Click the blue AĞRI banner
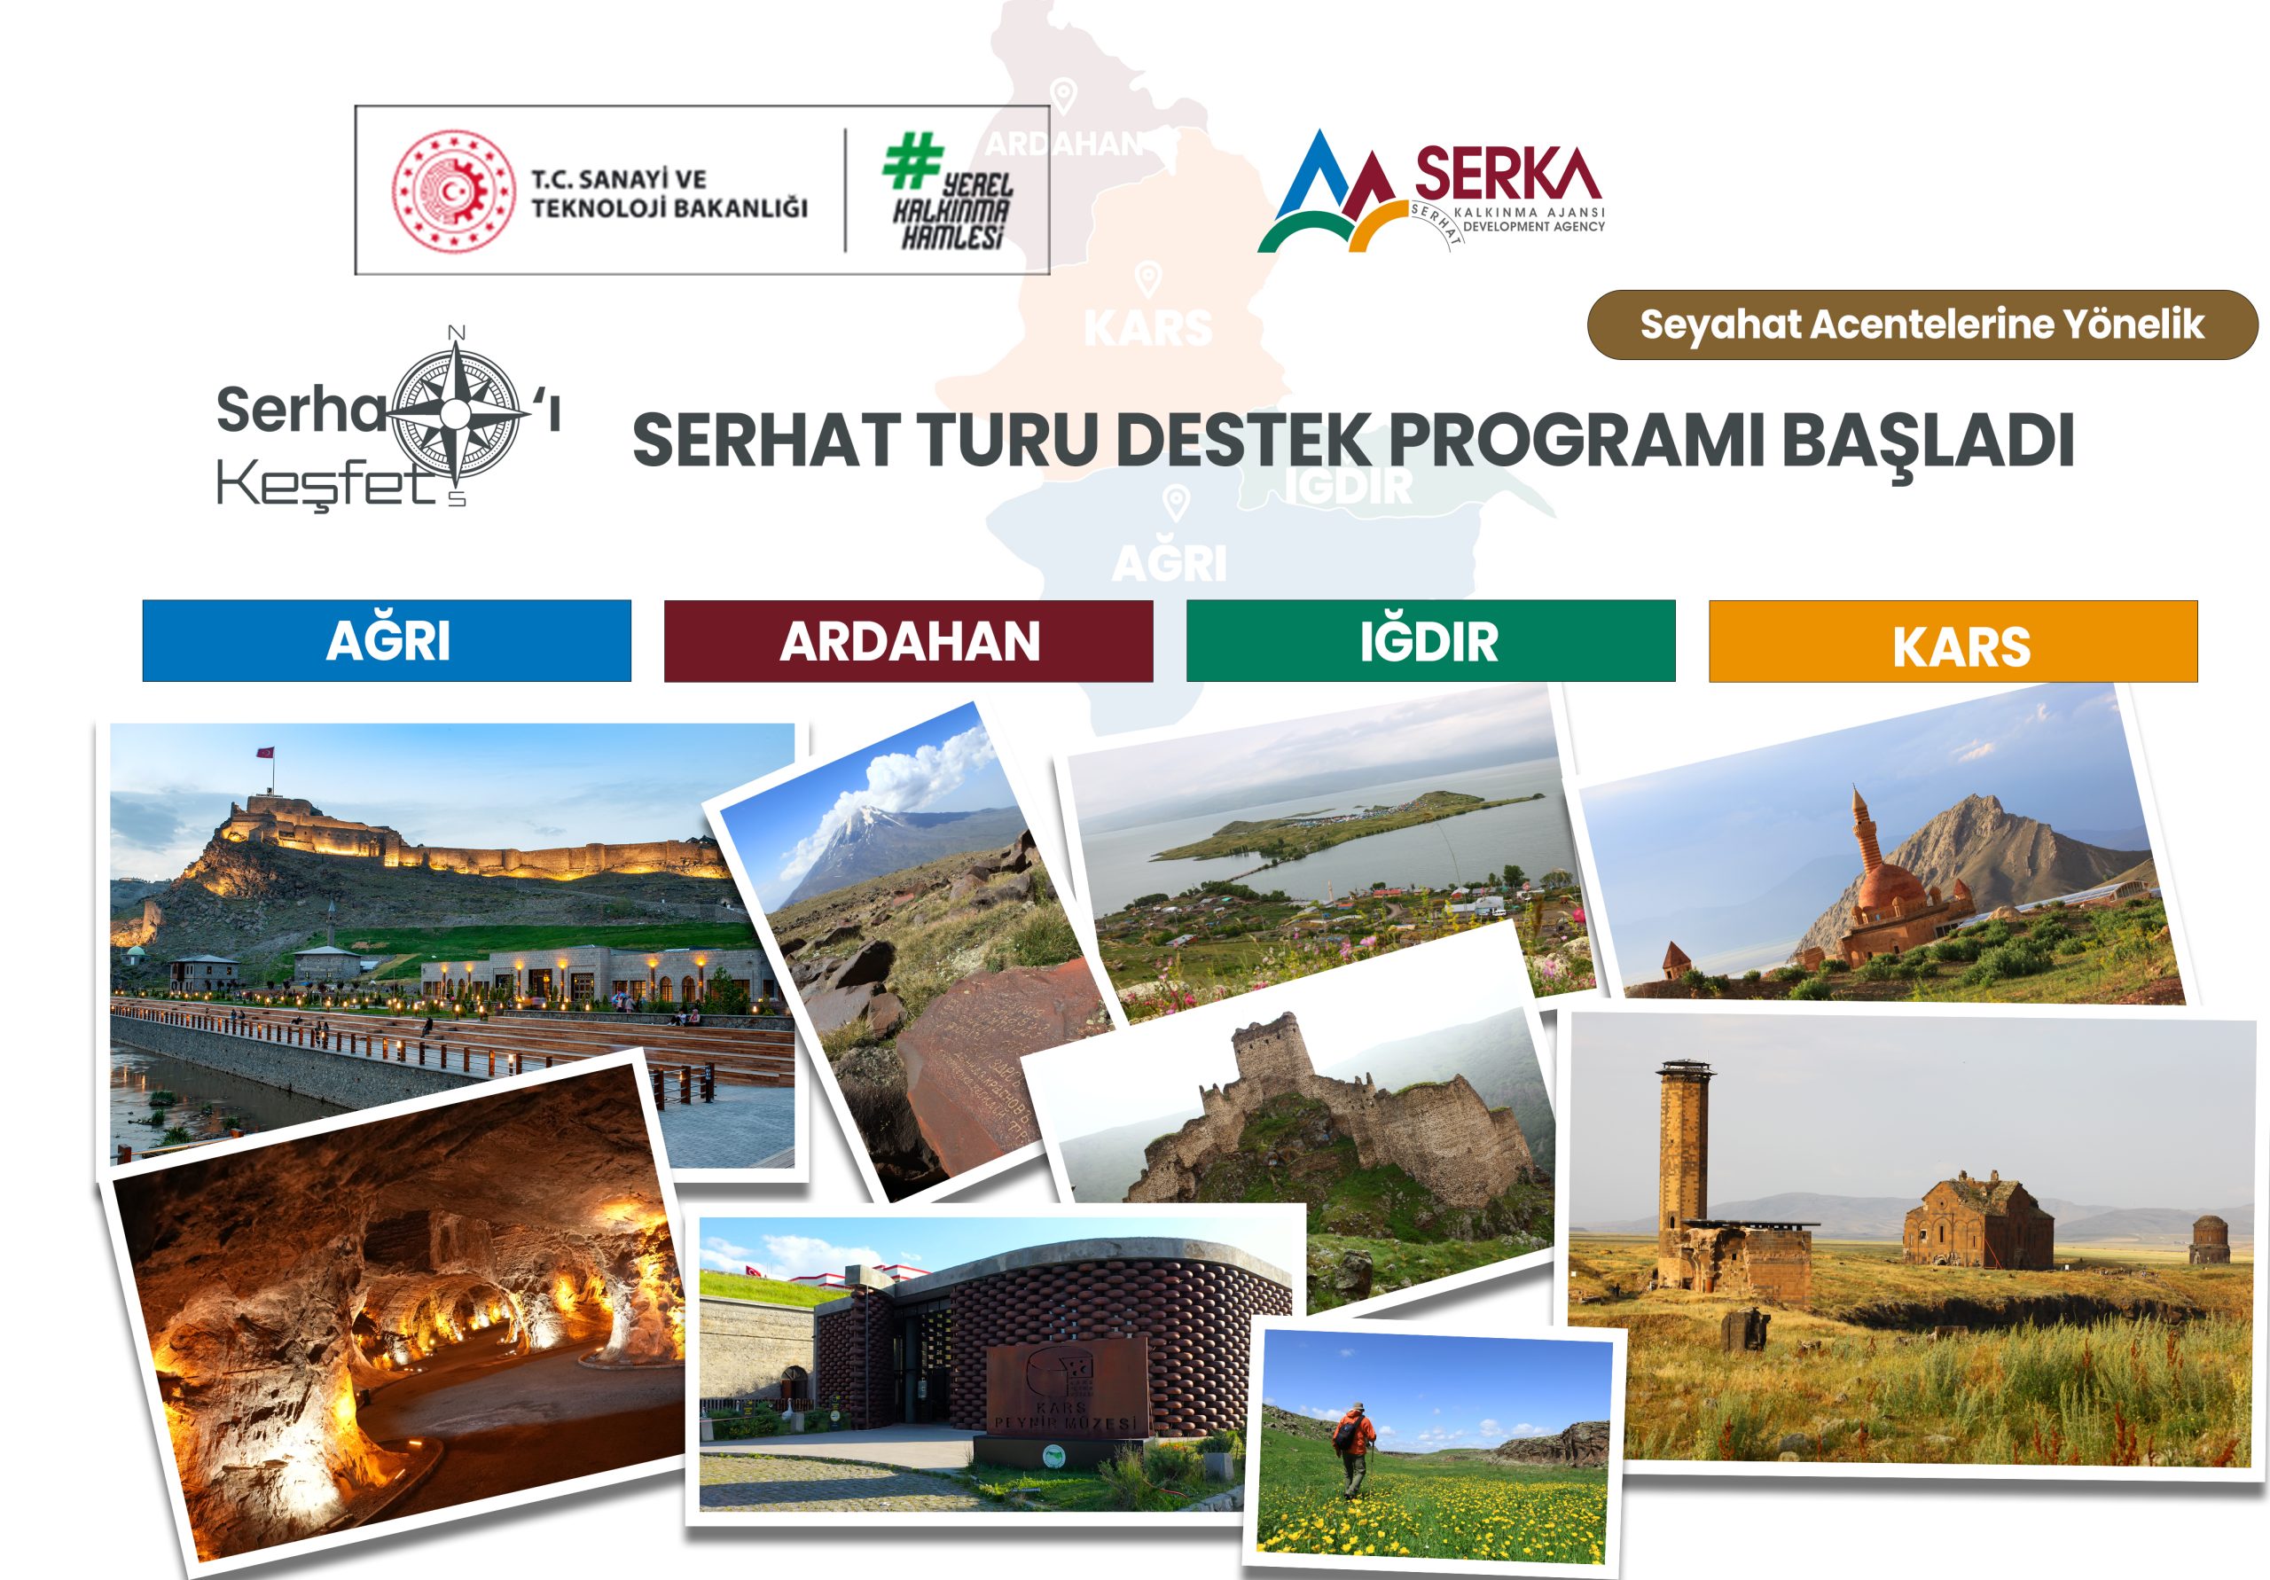point(387,641)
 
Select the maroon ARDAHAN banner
point(909,641)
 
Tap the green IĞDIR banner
point(1430,641)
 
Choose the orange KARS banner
point(1953,642)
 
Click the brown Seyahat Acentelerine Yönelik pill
point(1922,325)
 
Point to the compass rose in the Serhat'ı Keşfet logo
point(457,413)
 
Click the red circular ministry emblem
point(454,191)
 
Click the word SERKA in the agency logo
point(1507,174)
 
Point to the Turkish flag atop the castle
point(265,753)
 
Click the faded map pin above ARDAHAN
point(1063,96)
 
